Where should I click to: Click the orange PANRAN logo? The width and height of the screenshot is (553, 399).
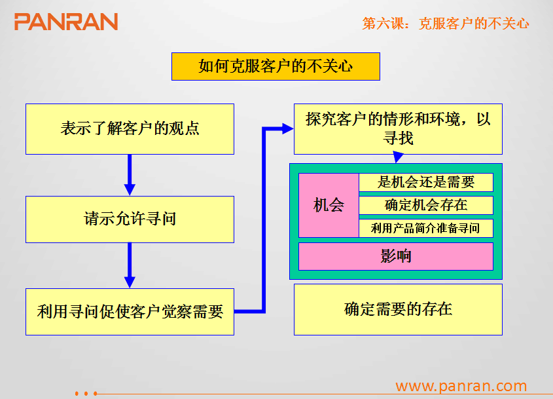pyautogui.click(x=66, y=22)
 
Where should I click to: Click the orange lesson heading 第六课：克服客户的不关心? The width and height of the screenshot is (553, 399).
pyautogui.click(x=446, y=24)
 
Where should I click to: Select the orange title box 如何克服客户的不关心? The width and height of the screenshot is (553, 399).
pyautogui.click(x=276, y=66)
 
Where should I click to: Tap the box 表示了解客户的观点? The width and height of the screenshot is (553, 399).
pyautogui.click(x=130, y=129)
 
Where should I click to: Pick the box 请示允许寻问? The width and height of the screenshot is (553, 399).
pyautogui.click(x=130, y=219)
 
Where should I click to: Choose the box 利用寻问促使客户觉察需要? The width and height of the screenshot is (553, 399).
pyautogui.click(x=130, y=312)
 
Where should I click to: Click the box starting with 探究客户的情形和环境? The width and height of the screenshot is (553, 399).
pyautogui.click(x=398, y=129)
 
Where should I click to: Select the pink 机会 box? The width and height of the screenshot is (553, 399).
pyautogui.click(x=329, y=205)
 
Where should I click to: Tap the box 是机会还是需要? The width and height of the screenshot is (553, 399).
pyautogui.click(x=426, y=182)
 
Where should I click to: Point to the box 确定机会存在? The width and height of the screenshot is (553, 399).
pyautogui.click(x=426, y=205)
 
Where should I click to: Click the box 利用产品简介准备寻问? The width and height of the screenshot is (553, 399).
pyautogui.click(x=426, y=228)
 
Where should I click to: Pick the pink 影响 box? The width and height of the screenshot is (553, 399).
pyautogui.click(x=396, y=256)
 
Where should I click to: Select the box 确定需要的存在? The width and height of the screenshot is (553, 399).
pyautogui.click(x=398, y=309)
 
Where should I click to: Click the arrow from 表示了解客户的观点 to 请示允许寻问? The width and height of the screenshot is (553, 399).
pyautogui.click(x=130, y=175)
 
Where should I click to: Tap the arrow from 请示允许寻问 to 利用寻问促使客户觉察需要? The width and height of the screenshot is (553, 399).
pyautogui.click(x=130, y=265)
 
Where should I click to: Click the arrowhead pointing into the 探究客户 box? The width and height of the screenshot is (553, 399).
pyautogui.click(x=288, y=129)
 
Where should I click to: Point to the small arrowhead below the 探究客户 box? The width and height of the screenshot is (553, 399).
pyautogui.click(x=398, y=157)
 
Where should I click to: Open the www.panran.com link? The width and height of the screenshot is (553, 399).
pyautogui.click(x=461, y=386)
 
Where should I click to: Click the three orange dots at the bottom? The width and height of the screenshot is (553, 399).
pyautogui.click(x=86, y=393)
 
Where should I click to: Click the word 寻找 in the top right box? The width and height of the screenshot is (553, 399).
pyautogui.click(x=398, y=138)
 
